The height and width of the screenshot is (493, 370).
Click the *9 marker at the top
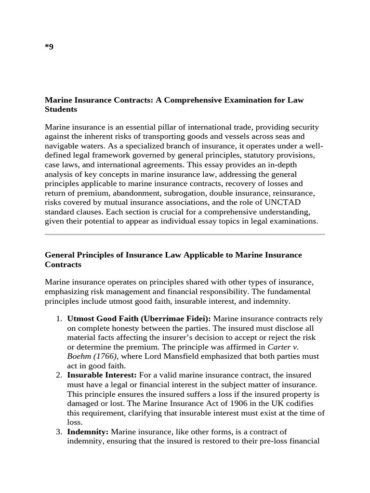click(49, 47)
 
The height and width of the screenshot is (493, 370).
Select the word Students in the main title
click(61, 109)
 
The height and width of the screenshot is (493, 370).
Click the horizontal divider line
click(185, 234)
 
